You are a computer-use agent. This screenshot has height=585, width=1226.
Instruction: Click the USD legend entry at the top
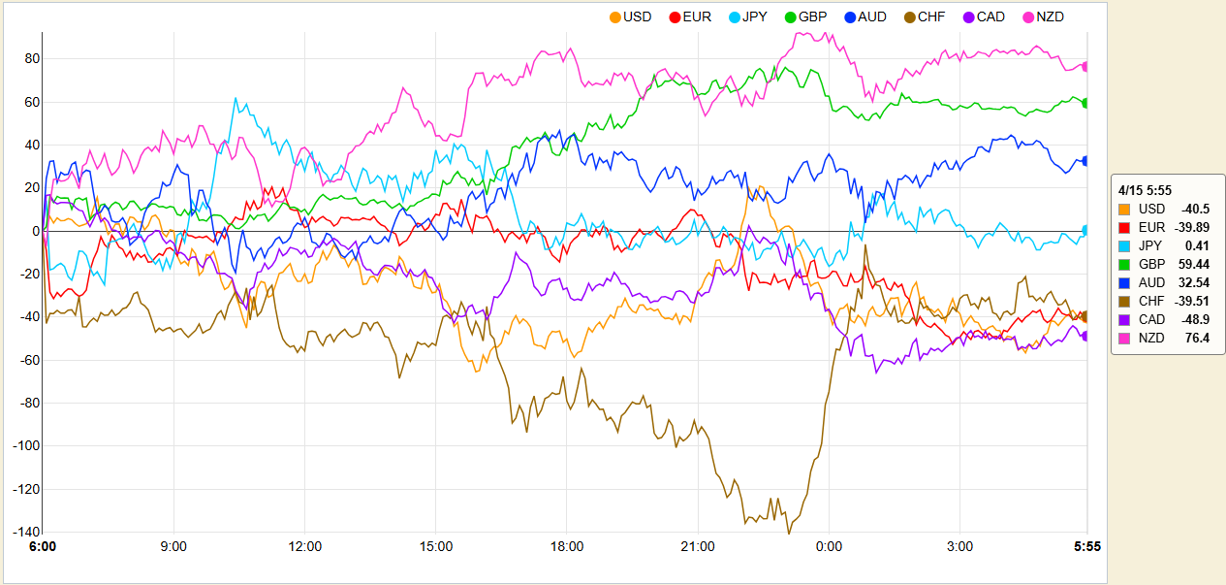click(x=630, y=16)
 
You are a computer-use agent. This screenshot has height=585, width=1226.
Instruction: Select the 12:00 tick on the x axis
click(x=305, y=547)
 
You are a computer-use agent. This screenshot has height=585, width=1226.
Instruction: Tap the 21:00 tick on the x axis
click(x=698, y=547)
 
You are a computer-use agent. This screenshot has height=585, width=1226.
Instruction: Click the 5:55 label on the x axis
click(x=1086, y=547)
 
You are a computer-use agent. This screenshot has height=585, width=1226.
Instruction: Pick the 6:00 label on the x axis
click(x=43, y=547)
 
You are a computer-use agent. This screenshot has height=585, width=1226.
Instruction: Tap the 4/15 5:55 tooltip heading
click(x=1146, y=190)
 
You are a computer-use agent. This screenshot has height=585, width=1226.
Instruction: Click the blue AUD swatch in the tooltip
click(x=1124, y=282)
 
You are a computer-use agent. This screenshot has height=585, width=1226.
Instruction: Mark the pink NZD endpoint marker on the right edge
click(x=1085, y=66)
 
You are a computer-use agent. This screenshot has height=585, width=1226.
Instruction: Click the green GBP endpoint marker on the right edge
click(x=1085, y=103)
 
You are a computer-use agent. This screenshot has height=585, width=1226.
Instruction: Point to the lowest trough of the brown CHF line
click(x=788, y=533)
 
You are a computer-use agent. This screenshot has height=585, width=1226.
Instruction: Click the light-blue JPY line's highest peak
click(x=235, y=97)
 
